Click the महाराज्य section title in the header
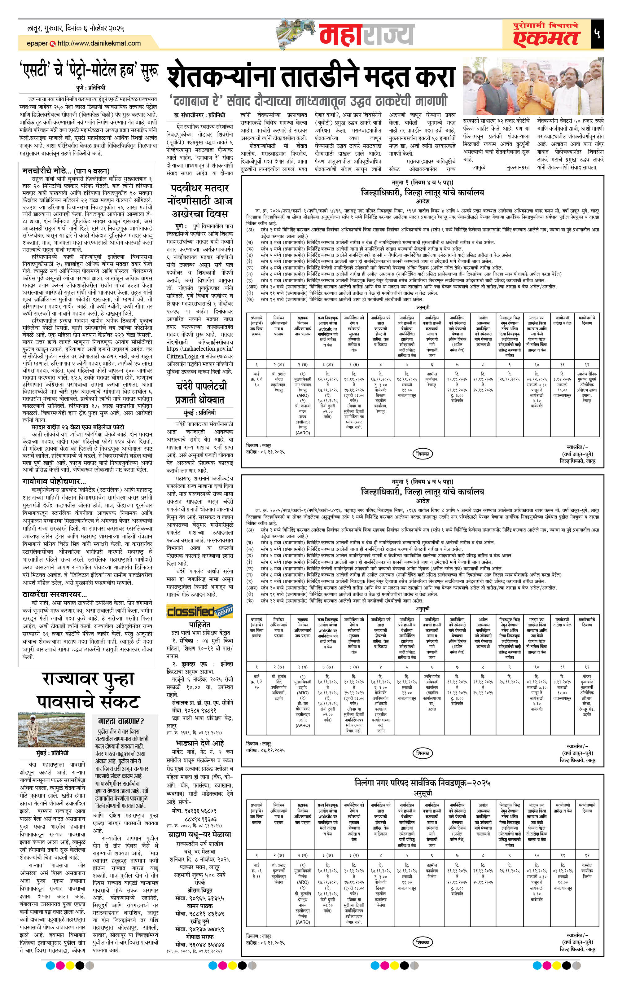pos(366,35)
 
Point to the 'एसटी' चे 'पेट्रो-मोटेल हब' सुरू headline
pos(89,71)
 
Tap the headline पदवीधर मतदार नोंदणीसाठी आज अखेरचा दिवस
pos(200,201)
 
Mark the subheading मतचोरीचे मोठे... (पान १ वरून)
pos(66,171)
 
